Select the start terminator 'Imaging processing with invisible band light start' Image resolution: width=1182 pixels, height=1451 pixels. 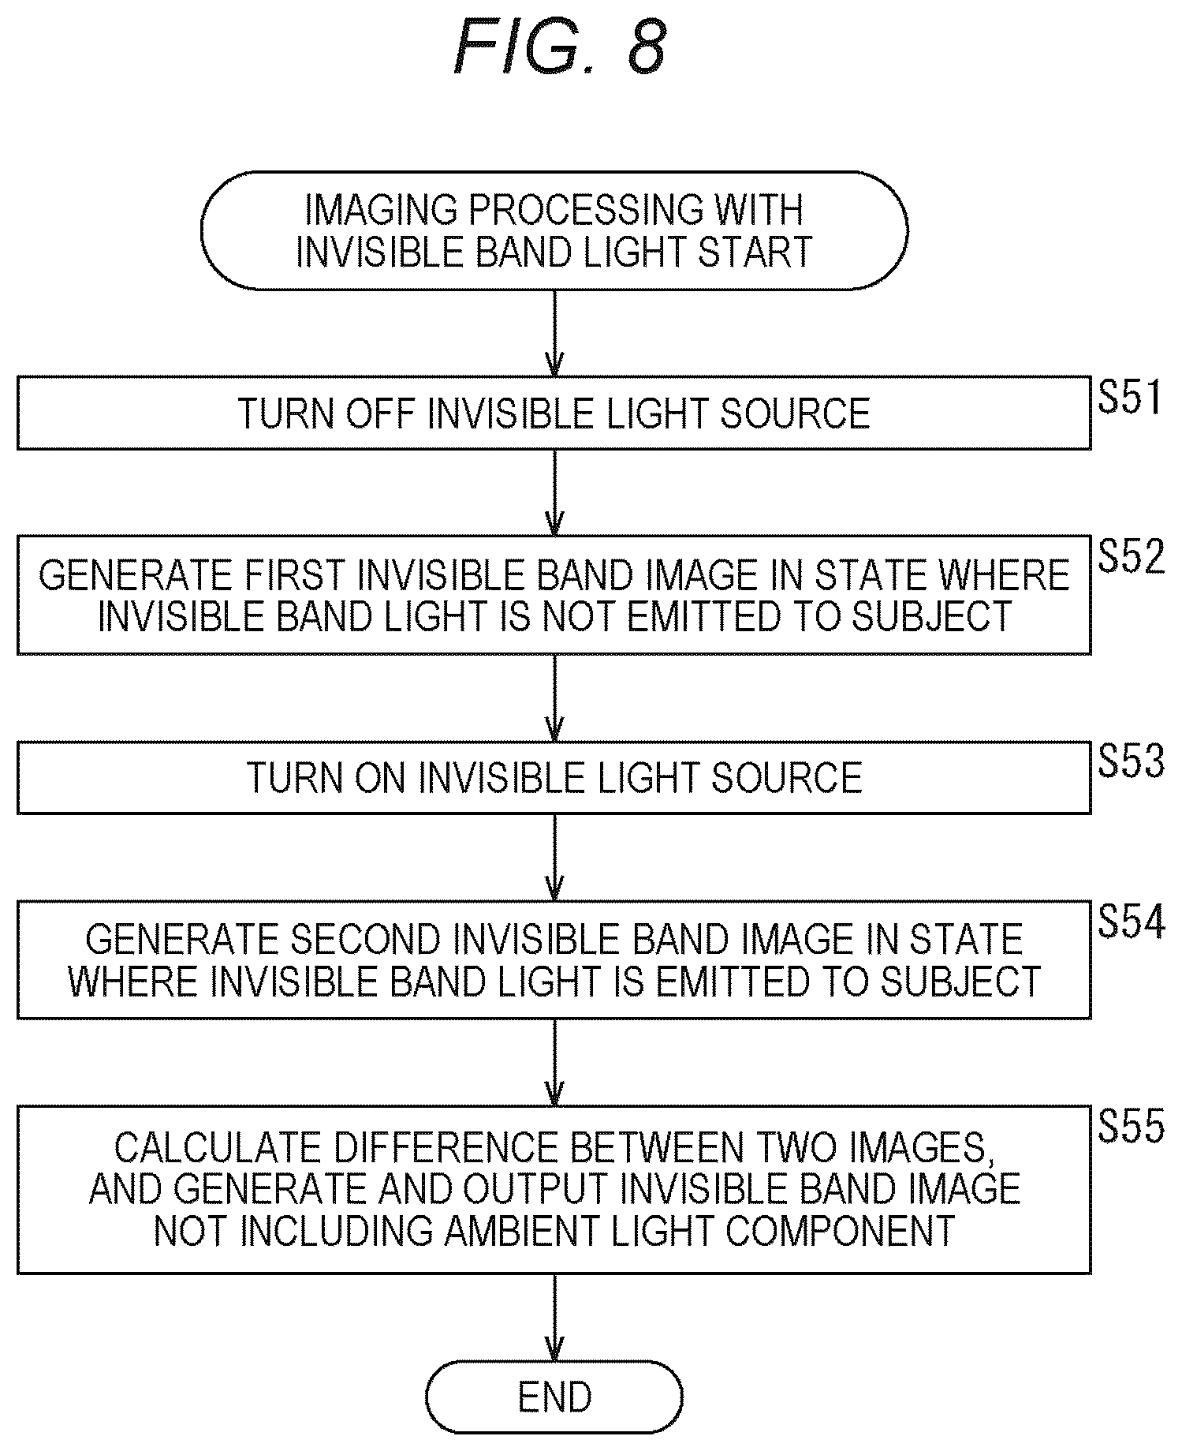[x=554, y=230]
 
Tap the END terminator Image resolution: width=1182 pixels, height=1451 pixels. [x=554, y=1397]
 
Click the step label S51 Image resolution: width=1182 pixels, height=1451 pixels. [x=1130, y=398]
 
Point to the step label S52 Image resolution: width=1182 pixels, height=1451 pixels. [x=1131, y=557]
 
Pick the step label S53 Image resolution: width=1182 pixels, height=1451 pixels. [x=1131, y=762]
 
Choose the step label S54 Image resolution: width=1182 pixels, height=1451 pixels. [x=1131, y=922]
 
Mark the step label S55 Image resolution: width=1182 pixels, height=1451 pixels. [x=1131, y=1127]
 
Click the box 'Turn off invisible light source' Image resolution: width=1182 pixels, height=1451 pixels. [x=554, y=413]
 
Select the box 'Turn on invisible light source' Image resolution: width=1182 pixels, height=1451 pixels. [x=554, y=777]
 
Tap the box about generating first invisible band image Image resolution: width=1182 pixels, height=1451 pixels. [x=554, y=595]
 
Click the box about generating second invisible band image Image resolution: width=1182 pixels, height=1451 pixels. [x=554, y=959]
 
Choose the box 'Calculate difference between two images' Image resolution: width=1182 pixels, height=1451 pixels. [x=554, y=1189]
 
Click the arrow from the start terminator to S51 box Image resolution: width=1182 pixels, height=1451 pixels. [x=555, y=333]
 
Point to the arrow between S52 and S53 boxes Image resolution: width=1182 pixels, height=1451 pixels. [x=555, y=697]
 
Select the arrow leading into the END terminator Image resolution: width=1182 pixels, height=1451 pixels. [x=555, y=1317]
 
